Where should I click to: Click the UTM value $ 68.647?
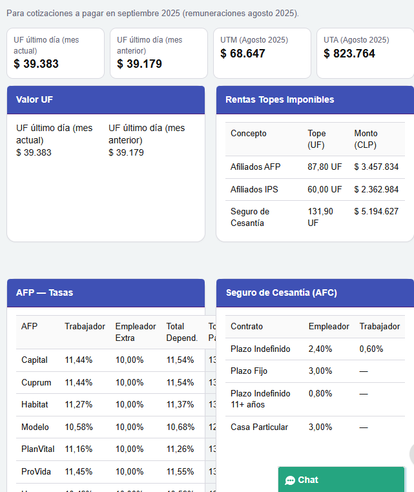click(243, 54)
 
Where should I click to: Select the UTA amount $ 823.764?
click(349, 54)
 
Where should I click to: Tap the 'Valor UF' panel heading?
click(35, 99)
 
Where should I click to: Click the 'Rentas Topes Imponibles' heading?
click(280, 99)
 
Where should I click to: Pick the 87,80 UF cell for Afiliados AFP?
click(324, 167)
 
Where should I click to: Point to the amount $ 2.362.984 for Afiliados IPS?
click(376, 189)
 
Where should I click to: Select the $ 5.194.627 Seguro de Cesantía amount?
click(376, 211)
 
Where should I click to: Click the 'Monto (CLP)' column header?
click(366, 139)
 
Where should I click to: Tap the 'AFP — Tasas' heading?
click(45, 292)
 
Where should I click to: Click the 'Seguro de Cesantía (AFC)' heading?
click(281, 292)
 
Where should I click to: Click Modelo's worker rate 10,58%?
click(78, 427)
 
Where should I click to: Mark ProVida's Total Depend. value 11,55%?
click(180, 471)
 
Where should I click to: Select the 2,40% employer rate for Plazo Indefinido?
click(320, 349)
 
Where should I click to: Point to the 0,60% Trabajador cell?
click(371, 349)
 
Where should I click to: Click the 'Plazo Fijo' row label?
click(249, 371)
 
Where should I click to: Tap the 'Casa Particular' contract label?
click(259, 427)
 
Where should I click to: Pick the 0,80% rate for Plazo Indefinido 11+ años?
click(320, 393)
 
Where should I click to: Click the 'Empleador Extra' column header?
click(135, 332)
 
